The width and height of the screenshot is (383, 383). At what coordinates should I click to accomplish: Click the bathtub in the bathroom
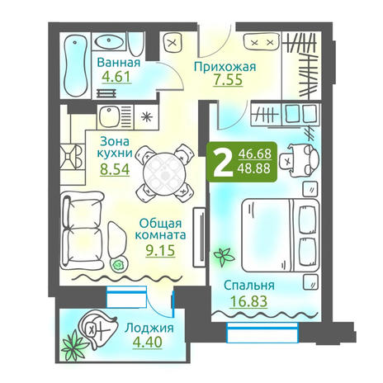tap(76, 65)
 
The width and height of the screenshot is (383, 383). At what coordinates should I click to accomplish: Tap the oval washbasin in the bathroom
tap(109, 41)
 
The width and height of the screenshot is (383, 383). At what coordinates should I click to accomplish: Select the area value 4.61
tap(116, 77)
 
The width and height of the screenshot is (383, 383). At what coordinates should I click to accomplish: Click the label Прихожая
tap(225, 66)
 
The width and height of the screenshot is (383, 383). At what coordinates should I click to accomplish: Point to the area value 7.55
tap(228, 80)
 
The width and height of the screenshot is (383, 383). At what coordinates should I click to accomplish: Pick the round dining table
tap(164, 173)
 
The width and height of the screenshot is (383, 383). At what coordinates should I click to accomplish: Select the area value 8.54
tap(115, 169)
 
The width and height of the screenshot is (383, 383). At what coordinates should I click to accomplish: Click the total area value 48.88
tap(254, 168)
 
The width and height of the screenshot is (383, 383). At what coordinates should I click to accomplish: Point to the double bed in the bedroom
tap(281, 235)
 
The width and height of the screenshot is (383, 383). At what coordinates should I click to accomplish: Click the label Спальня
tap(249, 286)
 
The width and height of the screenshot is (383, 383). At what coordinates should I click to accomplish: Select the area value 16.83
tap(248, 301)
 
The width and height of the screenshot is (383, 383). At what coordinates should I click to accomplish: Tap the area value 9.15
tap(160, 250)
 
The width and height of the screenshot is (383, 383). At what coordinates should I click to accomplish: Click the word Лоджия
tap(149, 328)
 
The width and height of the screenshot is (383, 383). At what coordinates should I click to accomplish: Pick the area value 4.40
tap(147, 342)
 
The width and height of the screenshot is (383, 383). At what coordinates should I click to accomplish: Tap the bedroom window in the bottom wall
tap(262, 333)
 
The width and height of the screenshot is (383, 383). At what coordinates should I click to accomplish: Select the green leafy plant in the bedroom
tap(224, 256)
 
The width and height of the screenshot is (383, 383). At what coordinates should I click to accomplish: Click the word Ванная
tap(119, 63)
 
